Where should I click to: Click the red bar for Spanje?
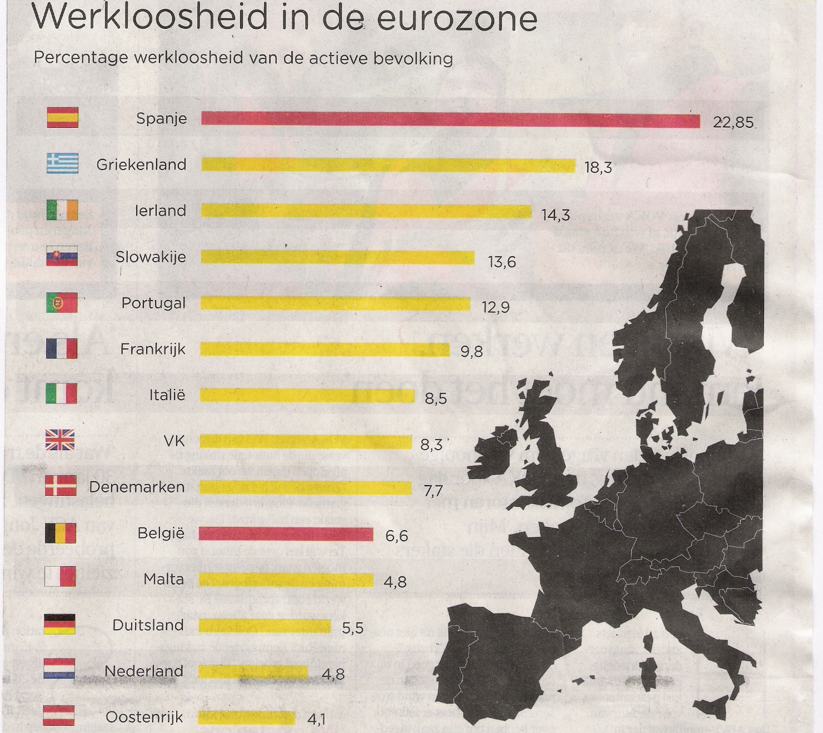click(x=450, y=119)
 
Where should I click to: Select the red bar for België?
click(x=286, y=534)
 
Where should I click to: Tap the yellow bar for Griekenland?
click(x=388, y=165)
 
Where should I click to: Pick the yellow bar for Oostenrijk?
click(x=246, y=717)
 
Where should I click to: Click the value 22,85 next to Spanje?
click(x=733, y=122)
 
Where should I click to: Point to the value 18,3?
click(x=598, y=167)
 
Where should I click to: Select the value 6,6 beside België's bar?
click(x=396, y=536)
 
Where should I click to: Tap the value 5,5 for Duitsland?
click(x=352, y=628)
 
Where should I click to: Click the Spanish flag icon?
click(x=62, y=118)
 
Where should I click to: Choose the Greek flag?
click(x=62, y=163)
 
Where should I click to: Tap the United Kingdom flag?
click(x=60, y=440)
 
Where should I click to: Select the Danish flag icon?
click(x=61, y=486)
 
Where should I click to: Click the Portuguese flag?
click(x=62, y=302)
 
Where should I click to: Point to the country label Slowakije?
click(x=151, y=257)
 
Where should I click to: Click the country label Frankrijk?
click(x=153, y=349)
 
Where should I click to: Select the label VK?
click(x=174, y=441)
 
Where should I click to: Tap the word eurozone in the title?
click(x=457, y=18)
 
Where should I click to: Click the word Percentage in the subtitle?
click(x=81, y=58)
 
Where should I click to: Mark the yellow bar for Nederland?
click(x=253, y=672)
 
